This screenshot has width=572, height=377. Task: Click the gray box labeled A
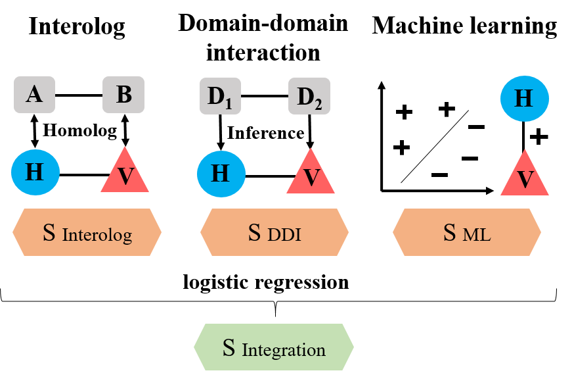(x=34, y=95)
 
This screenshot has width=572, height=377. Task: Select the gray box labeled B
(x=123, y=95)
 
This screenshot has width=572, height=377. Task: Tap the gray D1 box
(x=220, y=96)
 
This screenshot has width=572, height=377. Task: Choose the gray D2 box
(x=309, y=96)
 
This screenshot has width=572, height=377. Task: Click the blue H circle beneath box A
(x=35, y=173)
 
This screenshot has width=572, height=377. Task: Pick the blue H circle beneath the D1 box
(x=221, y=174)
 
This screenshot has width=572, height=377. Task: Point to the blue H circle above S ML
(x=524, y=99)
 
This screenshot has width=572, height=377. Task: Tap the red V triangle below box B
(x=125, y=173)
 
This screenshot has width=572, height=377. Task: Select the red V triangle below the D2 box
(x=311, y=174)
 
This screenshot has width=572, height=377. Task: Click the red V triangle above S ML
(x=525, y=176)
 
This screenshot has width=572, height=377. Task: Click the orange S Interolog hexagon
(x=87, y=232)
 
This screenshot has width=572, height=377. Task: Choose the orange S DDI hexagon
(x=274, y=232)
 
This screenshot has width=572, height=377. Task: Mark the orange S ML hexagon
(x=466, y=232)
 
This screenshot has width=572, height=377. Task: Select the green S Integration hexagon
(x=274, y=347)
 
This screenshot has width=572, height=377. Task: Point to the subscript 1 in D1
(x=229, y=103)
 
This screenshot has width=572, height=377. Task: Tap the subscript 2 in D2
(x=318, y=103)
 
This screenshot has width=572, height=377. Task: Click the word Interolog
(x=97, y=235)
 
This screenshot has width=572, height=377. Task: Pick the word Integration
(x=284, y=350)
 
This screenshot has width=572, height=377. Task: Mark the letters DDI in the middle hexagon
(x=284, y=235)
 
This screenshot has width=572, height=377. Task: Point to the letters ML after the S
(x=476, y=235)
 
